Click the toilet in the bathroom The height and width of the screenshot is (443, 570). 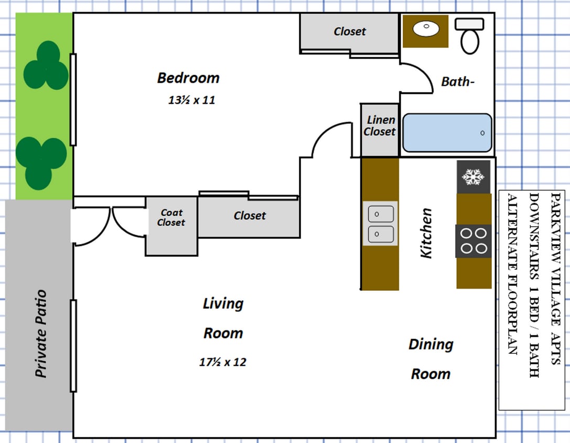[x=469, y=36]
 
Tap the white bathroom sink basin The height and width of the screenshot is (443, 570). [x=426, y=29]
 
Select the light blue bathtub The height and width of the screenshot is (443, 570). [x=447, y=133]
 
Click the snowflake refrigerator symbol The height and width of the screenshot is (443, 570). [x=473, y=177]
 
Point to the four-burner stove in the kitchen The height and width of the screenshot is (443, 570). [x=474, y=241]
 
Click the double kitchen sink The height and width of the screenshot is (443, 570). [x=380, y=224]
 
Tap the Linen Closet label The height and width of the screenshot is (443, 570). [x=380, y=125]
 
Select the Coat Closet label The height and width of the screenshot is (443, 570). [x=171, y=217]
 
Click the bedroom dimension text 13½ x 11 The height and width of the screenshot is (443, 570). [x=191, y=100]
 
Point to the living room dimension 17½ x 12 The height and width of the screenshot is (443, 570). [x=222, y=362]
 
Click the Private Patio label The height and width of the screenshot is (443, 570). [x=41, y=333]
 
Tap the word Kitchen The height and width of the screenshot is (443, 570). [x=426, y=233]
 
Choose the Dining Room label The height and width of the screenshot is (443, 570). [x=431, y=359]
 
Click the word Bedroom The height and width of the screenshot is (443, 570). [x=188, y=78]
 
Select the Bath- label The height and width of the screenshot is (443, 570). [x=458, y=81]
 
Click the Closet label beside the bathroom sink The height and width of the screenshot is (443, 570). [x=350, y=31]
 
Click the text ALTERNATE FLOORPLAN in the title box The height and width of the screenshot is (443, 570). [x=512, y=274]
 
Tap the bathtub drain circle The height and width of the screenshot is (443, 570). [x=482, y=133]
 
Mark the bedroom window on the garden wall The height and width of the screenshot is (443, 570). [x=73, y=100]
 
